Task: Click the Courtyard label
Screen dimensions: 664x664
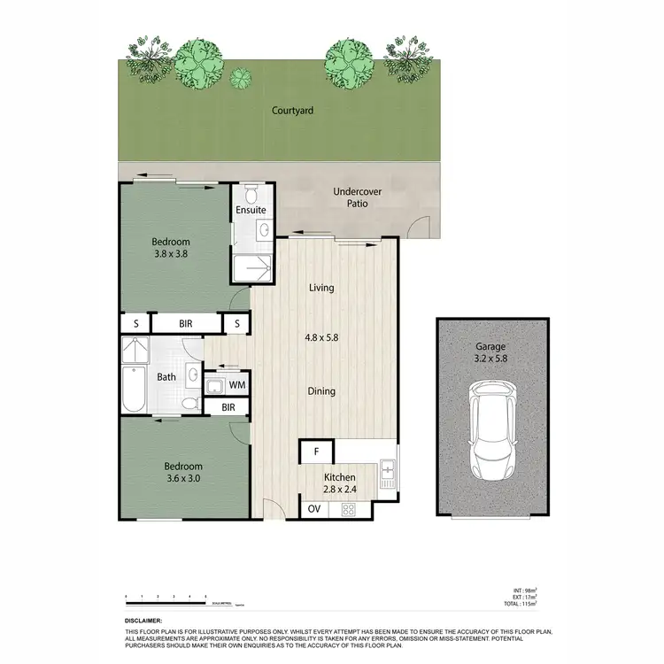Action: (293, 112)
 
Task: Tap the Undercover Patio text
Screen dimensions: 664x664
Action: (351, 197)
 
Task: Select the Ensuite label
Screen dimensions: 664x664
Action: (251, 211)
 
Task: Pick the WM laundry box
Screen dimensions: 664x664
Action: (236, 385)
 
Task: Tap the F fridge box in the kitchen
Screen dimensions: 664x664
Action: (315, 452)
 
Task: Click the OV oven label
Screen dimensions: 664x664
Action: (314, 509)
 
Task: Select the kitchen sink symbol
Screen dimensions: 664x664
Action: (387, 472)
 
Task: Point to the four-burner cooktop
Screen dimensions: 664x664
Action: (348, 509)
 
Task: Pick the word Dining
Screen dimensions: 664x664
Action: (321, 390)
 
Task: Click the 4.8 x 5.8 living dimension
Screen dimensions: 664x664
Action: (321, 337)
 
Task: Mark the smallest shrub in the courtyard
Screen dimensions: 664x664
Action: (239, 78)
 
